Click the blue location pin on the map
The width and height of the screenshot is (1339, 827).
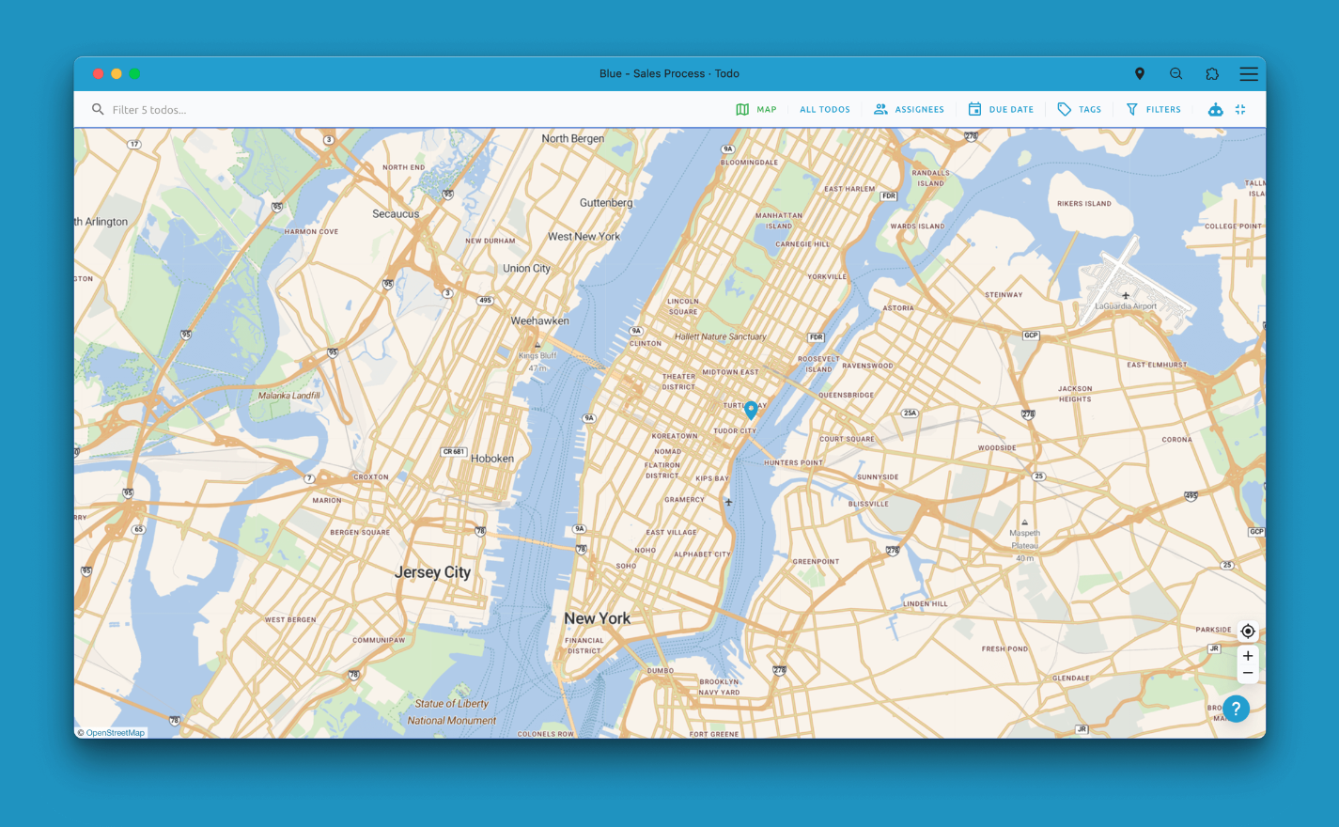tap(751, 409)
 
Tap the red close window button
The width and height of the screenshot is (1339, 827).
tap(98, 73)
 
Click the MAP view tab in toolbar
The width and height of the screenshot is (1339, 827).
tap(756, 110)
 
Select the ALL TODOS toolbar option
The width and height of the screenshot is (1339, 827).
tap(824, 110)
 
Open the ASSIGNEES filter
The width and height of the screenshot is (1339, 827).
tap(909, 110)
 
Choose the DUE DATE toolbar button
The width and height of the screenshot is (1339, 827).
tap(1001, 110)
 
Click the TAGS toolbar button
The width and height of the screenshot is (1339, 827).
tap(1079, 110)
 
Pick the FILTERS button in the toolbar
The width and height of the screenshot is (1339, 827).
tap(1153, 110)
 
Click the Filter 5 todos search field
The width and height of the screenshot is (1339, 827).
tap(282, 110)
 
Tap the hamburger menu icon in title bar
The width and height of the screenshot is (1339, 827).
tap(1248, 73)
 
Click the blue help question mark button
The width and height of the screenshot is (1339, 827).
tap(1236, 709)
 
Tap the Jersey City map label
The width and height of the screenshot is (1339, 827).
tap(432, 572)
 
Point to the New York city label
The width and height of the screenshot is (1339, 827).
tap(598, 618)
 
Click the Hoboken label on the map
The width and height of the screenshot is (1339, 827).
tap(492, 459)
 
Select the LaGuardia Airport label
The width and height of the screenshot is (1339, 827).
tap(1126, 305)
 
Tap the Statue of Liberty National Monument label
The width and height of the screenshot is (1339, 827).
tap(452, 711)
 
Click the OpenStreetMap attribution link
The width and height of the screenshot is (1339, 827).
tap(115, 733)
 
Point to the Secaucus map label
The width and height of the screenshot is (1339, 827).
tap(396, 214)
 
